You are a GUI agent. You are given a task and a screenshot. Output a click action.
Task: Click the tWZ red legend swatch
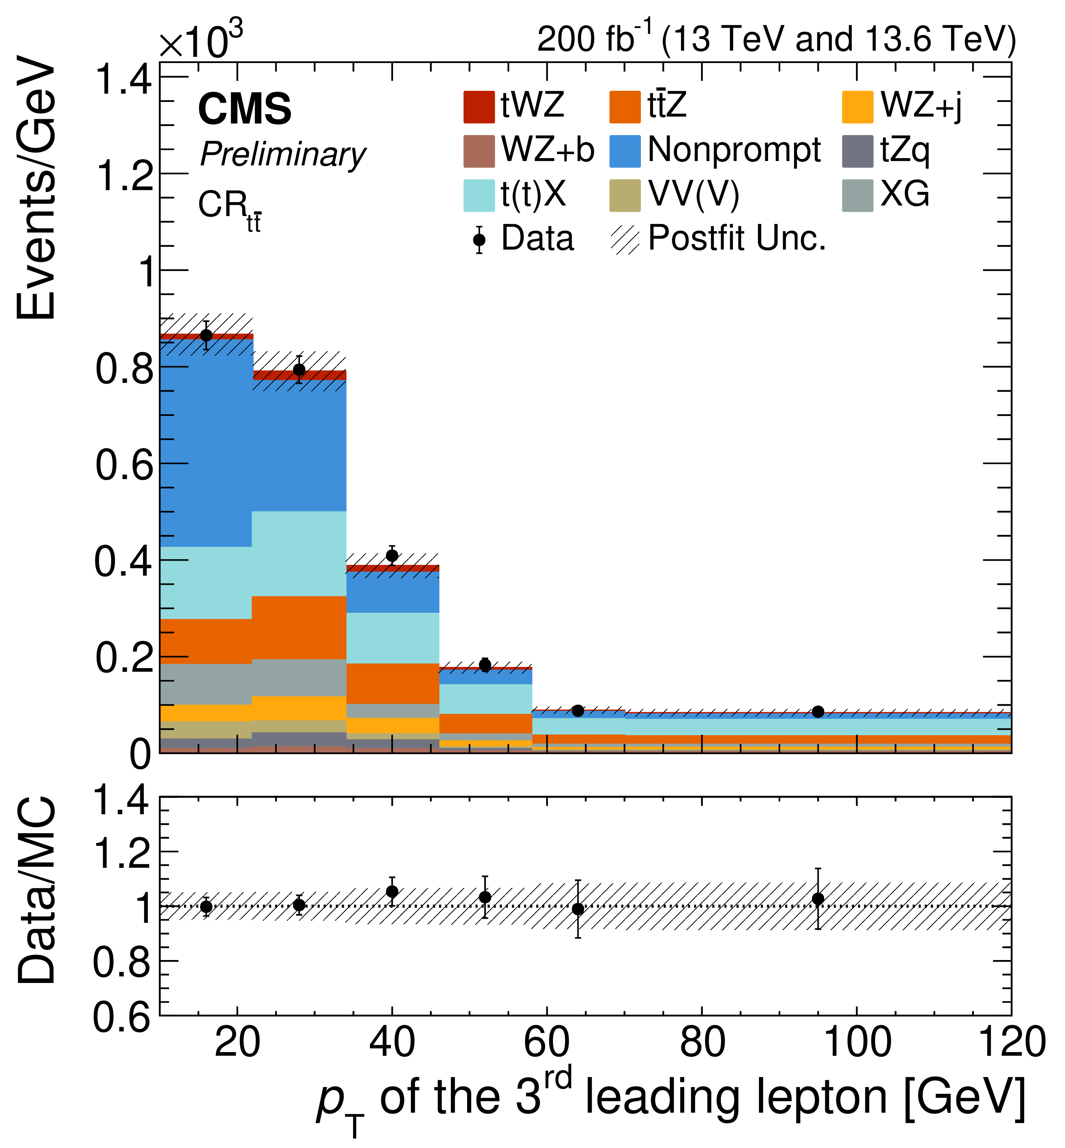pyautogui.click(x=478, y=107)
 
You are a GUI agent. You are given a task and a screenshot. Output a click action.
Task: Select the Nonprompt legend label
pyautogui.click(x=734, y=150)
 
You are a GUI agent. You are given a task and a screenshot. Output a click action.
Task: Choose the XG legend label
pyautogui.click(x=904, y=194)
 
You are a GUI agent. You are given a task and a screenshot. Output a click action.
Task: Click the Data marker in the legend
pyautogui.click(x=479, y=240)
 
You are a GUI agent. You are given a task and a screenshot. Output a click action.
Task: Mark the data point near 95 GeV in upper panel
pyautogui.click(x=817, y=712)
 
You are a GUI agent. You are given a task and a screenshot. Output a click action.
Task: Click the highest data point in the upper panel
pyautogui.click(x=206, y=336)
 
